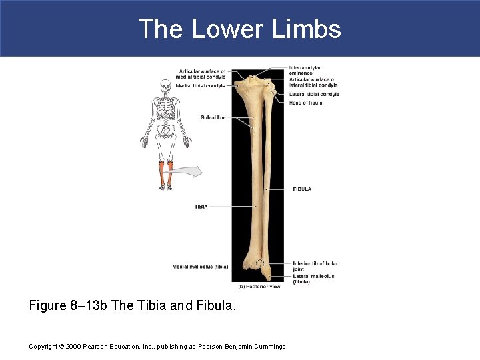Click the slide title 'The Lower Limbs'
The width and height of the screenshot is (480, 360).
(239, 29)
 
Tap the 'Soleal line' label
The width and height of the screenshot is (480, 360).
(213, 117)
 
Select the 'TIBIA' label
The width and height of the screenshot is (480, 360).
(201, 207)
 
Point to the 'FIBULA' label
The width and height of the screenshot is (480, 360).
(302, 189)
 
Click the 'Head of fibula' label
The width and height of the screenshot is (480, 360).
(306, 103)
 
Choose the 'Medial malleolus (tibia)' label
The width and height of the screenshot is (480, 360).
(199, 267)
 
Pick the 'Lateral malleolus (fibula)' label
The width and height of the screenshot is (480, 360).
(313, 279)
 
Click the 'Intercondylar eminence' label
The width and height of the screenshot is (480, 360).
(305, 70)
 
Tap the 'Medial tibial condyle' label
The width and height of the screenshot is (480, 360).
(200, 85)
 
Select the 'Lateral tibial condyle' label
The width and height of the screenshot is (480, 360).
(314, 94)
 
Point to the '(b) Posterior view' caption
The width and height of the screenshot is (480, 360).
(259, 287)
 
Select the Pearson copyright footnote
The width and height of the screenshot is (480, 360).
(157, 346)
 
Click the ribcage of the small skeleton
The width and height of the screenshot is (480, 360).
(166, 107)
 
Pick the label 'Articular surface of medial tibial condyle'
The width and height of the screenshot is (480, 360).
(202, 74)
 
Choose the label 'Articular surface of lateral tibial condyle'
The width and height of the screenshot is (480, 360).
(313, 82)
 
